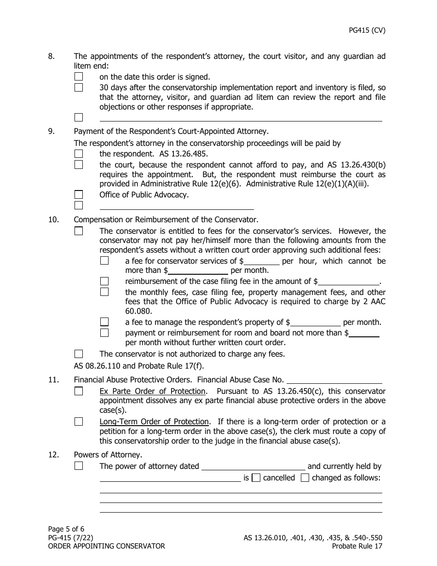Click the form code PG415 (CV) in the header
tap(367, 31)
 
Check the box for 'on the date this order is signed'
tap(79, 77)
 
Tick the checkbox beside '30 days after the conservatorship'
tap(79, 87)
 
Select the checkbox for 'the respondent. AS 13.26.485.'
tap(79, 154)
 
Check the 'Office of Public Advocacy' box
tap(79, 195)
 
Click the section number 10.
tap(54, 220)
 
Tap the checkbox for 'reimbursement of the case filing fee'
tap(104, 281)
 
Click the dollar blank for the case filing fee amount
tap(349, 282)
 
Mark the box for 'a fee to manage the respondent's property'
tap(104, 322)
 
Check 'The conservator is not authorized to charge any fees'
tap(79, 354)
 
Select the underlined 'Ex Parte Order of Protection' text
tap(152, 391)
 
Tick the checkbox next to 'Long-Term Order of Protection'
tap(79, 422)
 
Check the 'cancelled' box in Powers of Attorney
tap(256, 478)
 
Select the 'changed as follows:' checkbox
tap(305, 478)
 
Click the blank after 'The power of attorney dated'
tap(253, 467)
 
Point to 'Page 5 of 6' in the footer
tap(66, 529)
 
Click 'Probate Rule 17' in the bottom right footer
tap(357, 546)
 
